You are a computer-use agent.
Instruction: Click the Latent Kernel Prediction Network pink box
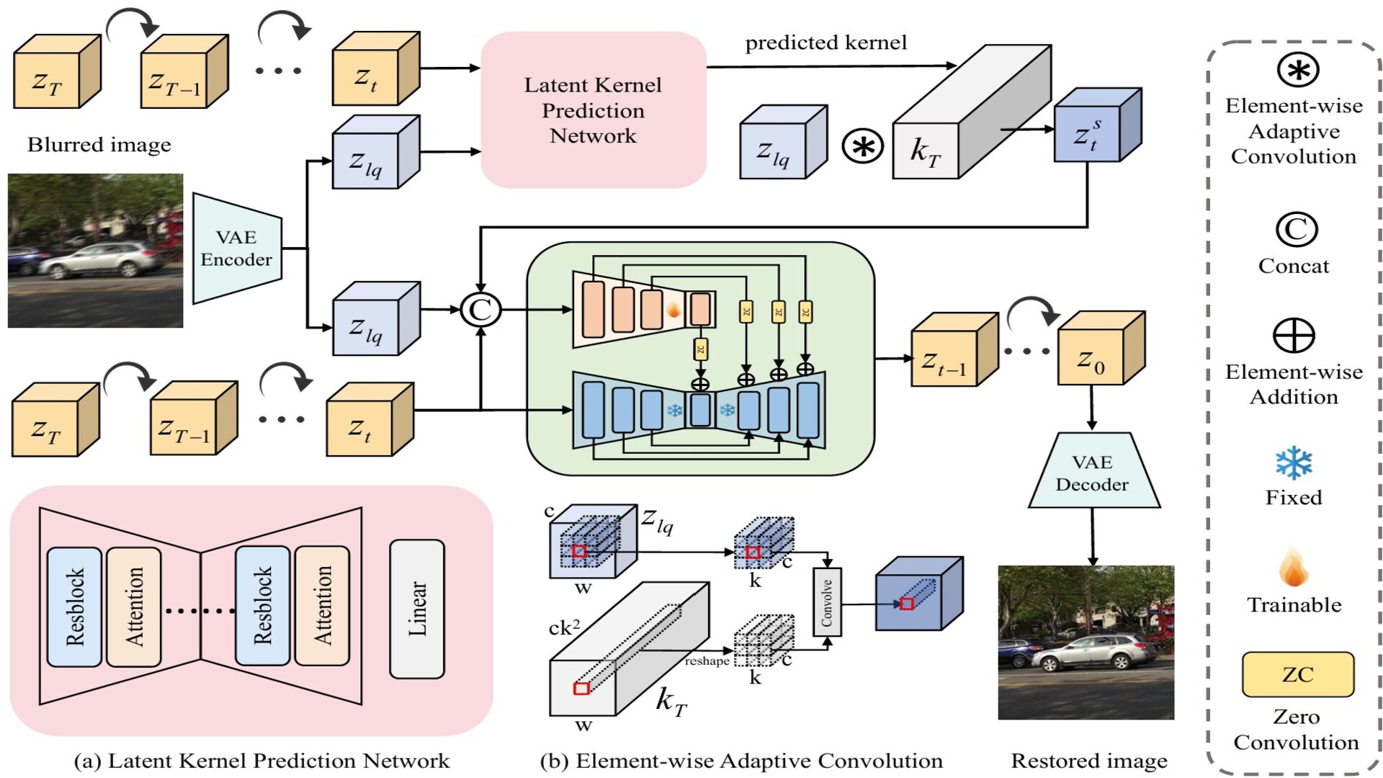[x=593, y=109]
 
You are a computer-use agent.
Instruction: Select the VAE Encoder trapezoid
[x=236, y=249]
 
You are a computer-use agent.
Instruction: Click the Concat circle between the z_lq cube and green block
[x=480, y=310]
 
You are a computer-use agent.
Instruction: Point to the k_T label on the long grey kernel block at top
[x=926, y=151]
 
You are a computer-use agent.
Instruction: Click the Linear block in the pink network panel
[x=417, y=609]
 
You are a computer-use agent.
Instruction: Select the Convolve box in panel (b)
[x=827, y=602]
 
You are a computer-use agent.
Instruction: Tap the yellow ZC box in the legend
[x=1297, y=674]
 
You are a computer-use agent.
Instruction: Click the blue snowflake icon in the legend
[x=1294, y=462]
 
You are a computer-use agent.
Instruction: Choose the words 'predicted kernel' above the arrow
[x=825, y=43]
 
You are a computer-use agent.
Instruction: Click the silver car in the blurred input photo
[x=101, y=259]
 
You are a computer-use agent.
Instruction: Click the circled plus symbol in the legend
[x=1294, y=336]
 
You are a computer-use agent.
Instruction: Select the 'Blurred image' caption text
[x=99, y=145]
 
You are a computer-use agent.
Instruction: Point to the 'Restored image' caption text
[x=1088, y=761]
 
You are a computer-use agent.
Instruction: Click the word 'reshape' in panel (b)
[x=707, y=661]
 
